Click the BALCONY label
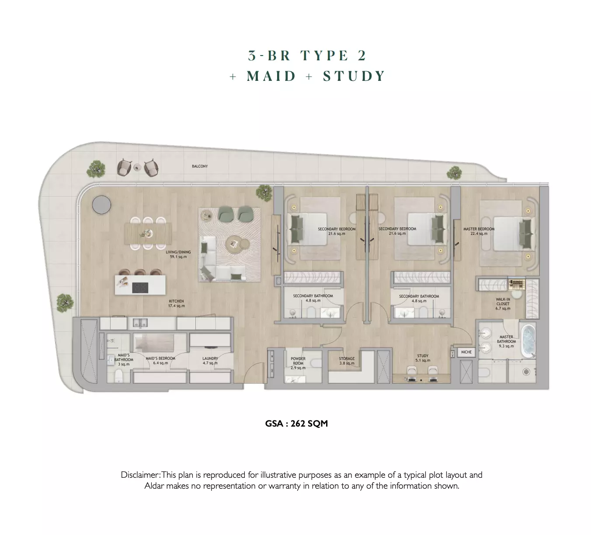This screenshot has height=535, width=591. [x=200, y=166]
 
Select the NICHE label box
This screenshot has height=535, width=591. [x=466, y=352]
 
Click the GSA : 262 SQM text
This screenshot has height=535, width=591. [x=296, y=424]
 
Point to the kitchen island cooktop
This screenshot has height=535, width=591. [x=140, y=288]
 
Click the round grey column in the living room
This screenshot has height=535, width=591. [x=101, y=205]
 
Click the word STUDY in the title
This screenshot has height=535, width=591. [x=354, y=76]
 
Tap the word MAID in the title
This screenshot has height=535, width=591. [x=271, y=76]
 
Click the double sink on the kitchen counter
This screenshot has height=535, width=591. [x=140, y=323]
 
